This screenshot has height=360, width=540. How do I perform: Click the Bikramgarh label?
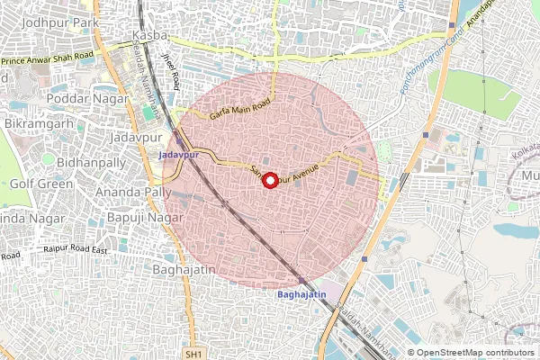(36, 120)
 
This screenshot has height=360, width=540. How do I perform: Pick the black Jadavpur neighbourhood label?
(132, 137)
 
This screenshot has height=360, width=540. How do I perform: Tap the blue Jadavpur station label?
(176, 155)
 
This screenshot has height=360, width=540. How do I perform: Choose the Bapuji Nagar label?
(130, 218)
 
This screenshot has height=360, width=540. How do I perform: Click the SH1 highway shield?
(193, 355)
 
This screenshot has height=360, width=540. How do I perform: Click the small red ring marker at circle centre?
(268, 179)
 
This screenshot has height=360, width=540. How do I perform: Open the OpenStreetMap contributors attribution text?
(475, 353)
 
